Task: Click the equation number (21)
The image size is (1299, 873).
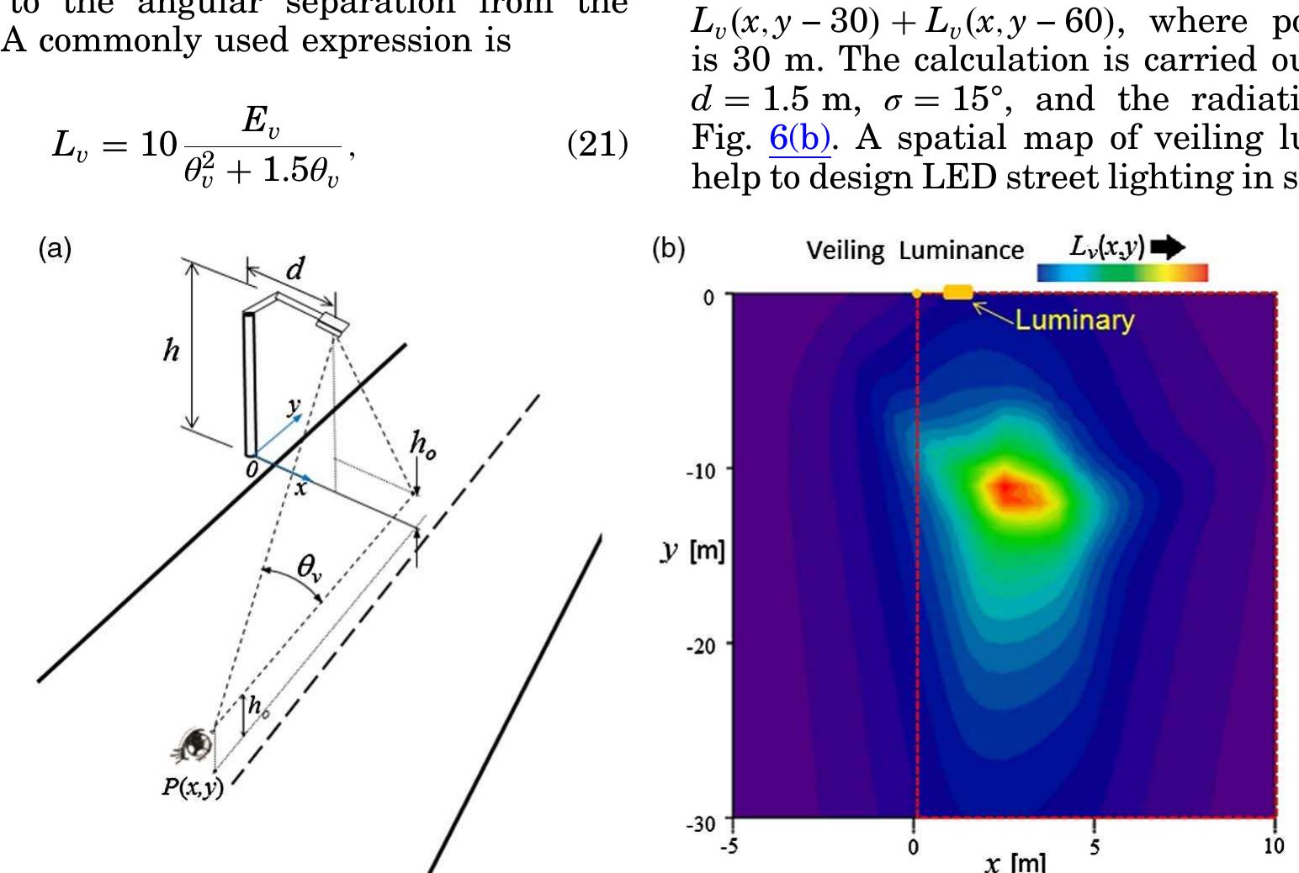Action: click(597, 145)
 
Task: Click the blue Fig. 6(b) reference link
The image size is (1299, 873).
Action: click(799, 139)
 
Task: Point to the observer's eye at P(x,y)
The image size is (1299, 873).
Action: click(197, 743)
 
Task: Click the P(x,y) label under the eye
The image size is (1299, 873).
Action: click(193, 787)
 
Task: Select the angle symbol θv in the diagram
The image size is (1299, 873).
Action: click(309, 568)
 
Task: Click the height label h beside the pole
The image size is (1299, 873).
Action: click(171, 350)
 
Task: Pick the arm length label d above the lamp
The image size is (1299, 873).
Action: click(294, 269)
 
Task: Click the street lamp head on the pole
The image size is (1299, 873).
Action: click(332, 324)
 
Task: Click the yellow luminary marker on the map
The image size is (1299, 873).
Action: click(957, 292)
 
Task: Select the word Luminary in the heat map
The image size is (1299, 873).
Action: click(1074, 320)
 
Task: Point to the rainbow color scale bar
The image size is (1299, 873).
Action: click(1121, 272)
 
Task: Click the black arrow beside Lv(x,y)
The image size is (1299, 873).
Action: click(1167, 247)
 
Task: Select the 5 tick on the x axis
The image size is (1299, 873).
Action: click(1094, 846)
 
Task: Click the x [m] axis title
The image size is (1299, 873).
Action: click(1015, 863)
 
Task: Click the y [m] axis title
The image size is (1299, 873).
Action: click(692, 552)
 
